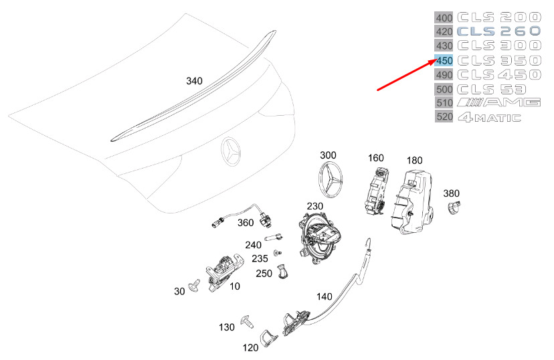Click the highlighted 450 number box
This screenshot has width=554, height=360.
pyautogui.click(x=444, y=60)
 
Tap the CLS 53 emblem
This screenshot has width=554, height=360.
pyautogui.click(x=491, y=89)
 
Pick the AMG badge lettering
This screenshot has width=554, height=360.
pyautogui.click(x=498, y=102)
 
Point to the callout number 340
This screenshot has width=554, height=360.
pyautogui.click(x=194, y=81)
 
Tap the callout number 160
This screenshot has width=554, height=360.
pyautogui.click(x=375, y=158)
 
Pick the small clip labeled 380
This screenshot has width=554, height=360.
pyautogui.click(x=453, y=209)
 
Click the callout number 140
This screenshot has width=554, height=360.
pyautogui.click(x=324, y=296)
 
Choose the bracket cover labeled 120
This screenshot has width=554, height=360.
pyautogui.click(x=269, y=339)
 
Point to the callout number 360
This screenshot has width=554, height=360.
pyautogui.click(x=245, y=223)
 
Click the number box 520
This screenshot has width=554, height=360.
pyautogui.click(x=444, y=117)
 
